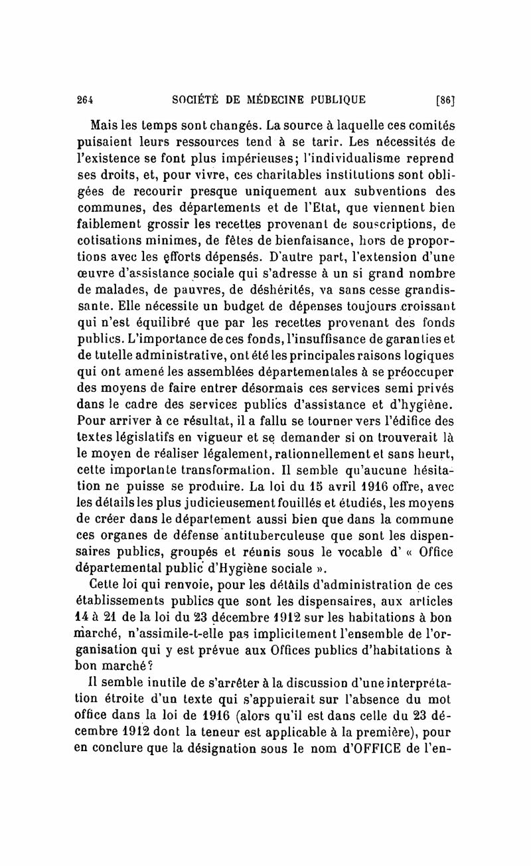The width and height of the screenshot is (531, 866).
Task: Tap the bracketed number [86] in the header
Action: point(444,101)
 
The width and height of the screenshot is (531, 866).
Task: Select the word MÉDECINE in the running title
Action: point(289,100)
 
